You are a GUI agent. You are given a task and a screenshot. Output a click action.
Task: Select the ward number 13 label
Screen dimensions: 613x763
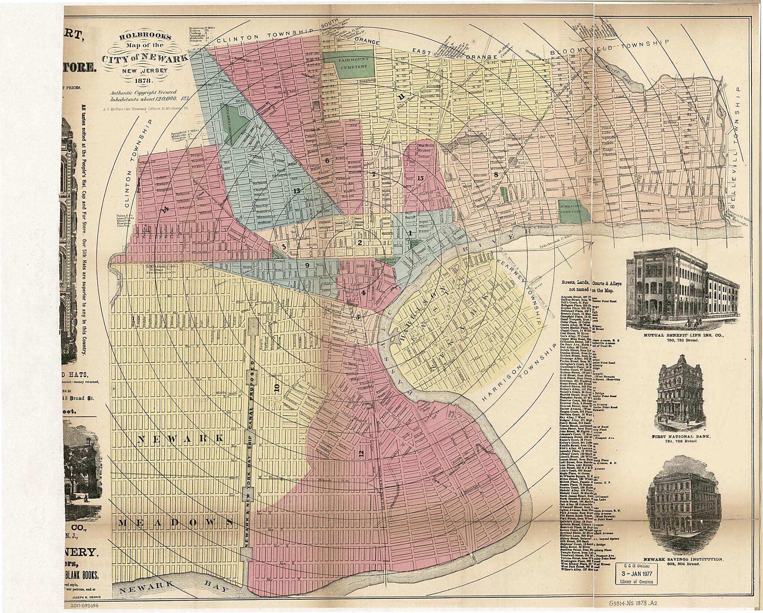point(297,191)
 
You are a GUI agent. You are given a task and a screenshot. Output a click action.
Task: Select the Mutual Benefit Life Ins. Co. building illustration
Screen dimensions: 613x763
point(675,286)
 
